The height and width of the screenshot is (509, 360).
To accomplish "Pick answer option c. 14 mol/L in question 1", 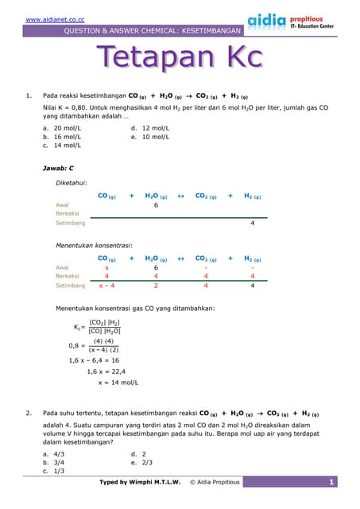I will [63, 146].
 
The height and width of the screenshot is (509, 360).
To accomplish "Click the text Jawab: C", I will [58, 169].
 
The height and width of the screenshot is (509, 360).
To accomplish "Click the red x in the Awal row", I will [106, 268].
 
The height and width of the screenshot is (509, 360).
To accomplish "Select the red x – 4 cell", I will [106, 286].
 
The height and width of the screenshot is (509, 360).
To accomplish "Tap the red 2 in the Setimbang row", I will [156, 286].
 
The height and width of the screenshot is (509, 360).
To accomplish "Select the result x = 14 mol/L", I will [118, 383].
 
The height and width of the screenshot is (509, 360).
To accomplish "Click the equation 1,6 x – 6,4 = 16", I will [94, 360].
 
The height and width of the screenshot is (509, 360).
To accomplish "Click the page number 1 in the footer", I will [331, 482].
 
